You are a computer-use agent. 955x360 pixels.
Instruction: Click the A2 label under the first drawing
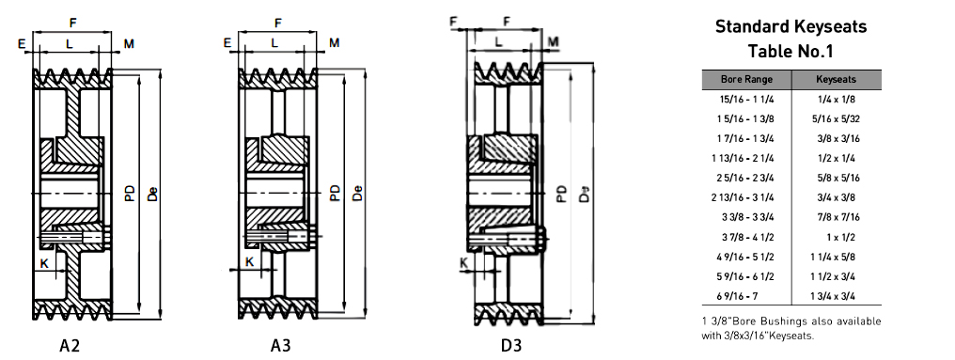pyautogui.click(x=70, y=345)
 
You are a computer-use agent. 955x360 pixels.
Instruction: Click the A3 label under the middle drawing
pyautogui.click(x=280, y=345)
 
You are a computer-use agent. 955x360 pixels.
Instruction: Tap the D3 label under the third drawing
pyautogui.click(x=511, y=345)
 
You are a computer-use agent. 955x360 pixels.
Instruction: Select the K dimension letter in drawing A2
pyautogui.click(x=44, y=262)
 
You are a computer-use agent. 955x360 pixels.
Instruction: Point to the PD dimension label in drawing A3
pyautogui.click(x=335, y=193)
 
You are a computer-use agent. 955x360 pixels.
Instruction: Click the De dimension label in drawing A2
pyautogui.click(x=152, y=193)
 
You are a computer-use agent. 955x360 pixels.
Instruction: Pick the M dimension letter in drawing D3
pyautogui.click(x=553, y=41)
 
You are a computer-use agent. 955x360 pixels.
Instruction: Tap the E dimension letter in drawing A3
pyautogui.click(x=227, y=43)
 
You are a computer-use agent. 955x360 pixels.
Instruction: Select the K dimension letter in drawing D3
pyautogui.click(x=464, y=263)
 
